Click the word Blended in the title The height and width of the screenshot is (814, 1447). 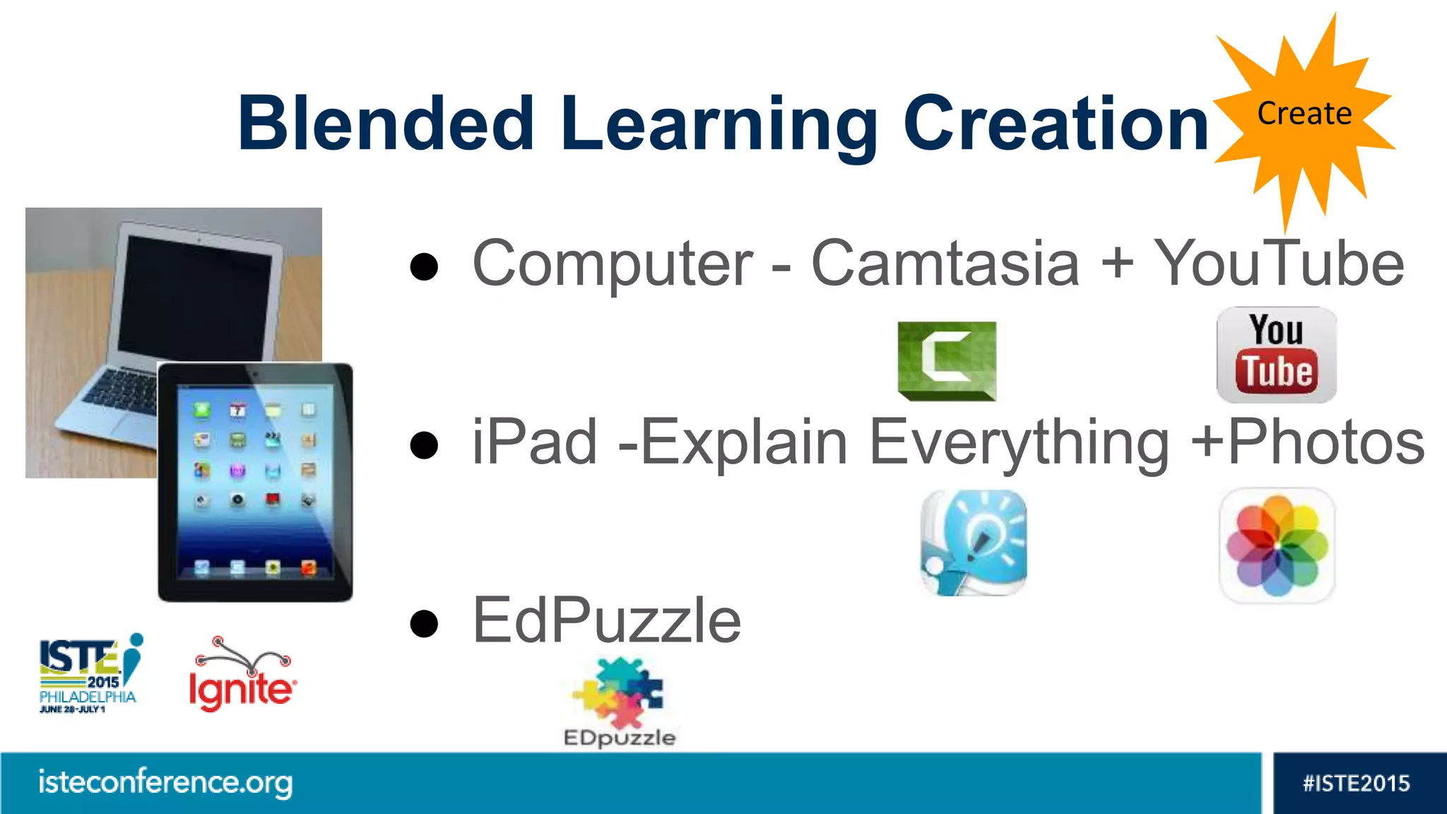click(386, 124)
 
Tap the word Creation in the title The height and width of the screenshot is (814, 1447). click(1056, 124)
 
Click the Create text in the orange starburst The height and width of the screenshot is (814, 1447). click(1304, 114)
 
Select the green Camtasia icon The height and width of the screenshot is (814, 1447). click(947, 360)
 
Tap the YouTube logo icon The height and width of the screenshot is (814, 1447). click(1276, 355)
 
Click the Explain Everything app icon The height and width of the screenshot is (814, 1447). click(974, 543)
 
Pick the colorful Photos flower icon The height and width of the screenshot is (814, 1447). click(1277, 545)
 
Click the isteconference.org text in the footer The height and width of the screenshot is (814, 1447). click(165, 782)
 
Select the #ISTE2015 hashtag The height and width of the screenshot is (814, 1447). click(1356, 783)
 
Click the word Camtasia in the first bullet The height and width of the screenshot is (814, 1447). click(945, 263)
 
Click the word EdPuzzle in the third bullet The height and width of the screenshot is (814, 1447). click(606, 620)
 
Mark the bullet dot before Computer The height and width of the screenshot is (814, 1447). click(424, 266)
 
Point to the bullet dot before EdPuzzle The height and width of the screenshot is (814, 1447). click(424, 623)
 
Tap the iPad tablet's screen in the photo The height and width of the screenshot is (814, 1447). click(255, 480)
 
